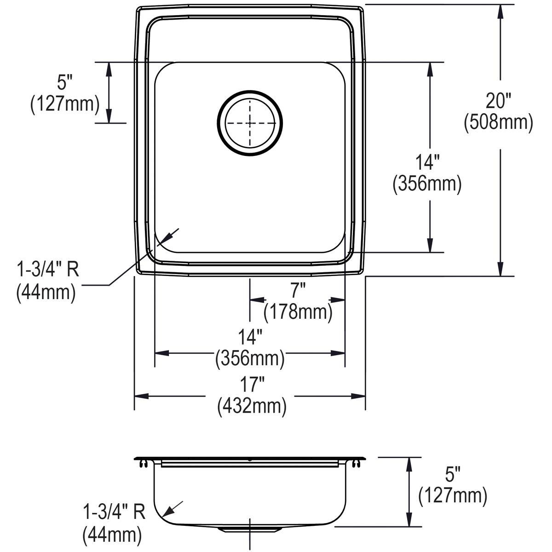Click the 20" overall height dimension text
[499, 101]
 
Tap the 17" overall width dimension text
[252, 385]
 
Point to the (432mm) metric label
[252, 406]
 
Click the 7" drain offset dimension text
[298, 291]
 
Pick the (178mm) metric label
[298, 312]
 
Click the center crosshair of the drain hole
[250, 123]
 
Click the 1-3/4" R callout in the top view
[48, 270]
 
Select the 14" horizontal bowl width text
[250, 338]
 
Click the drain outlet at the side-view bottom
[250, 529]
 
